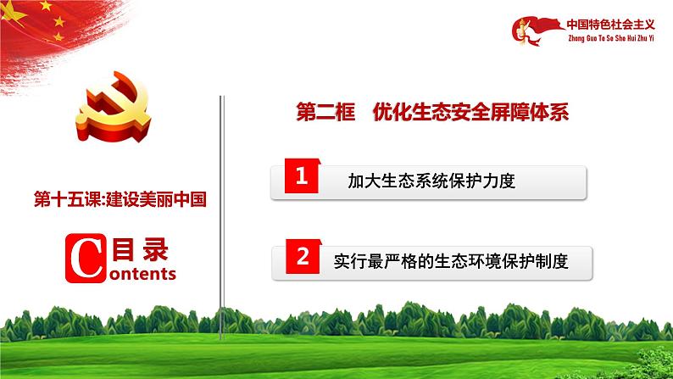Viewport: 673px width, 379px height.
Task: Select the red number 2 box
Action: click(301, 259)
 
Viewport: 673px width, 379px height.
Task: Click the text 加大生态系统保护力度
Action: click(431, 181)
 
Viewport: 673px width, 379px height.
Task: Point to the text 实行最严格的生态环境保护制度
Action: click(450, 262)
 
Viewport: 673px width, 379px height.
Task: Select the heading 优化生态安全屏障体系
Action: click(470, 113)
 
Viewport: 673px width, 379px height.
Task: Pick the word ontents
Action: click(142, 274)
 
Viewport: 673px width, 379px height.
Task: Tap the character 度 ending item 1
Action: click(508, 181)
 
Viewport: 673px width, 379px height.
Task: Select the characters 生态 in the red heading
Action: click(433, 113)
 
